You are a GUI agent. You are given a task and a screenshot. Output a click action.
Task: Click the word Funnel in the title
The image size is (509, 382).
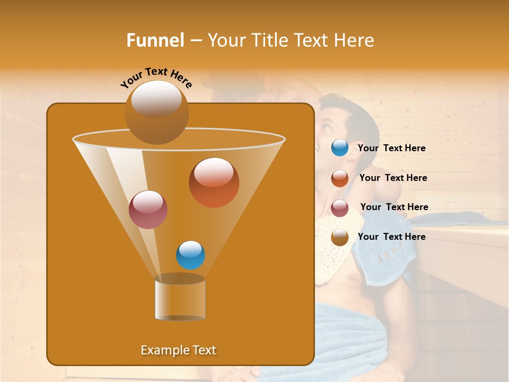coord(155,40)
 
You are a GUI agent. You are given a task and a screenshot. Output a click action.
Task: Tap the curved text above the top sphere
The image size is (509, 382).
coord(156,77)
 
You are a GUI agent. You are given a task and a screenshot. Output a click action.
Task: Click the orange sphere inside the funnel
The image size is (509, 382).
coord(214,182)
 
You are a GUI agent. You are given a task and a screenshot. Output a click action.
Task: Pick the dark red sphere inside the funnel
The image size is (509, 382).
coord(148,210)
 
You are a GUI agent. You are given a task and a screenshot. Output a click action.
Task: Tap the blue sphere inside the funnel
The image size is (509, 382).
coord(190,255)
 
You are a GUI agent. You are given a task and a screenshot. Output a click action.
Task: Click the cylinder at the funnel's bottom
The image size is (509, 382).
coord(180,297)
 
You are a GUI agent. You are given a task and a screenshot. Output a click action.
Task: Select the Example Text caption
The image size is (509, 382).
coord(178,350)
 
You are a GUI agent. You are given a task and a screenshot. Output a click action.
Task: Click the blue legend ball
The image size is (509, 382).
coord(340,148)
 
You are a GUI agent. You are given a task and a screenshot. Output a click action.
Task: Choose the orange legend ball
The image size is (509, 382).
coord(340,178)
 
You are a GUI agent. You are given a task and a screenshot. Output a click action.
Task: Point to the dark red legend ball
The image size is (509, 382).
coord(340,207)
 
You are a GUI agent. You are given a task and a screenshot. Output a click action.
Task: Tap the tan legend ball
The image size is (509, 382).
coord(340,237)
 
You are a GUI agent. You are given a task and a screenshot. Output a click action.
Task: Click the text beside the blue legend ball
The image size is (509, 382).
coord(391,148)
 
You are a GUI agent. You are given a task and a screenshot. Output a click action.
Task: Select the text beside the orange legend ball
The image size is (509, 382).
coord(393,178)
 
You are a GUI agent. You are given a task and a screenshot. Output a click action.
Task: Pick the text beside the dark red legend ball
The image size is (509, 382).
coord(394,207)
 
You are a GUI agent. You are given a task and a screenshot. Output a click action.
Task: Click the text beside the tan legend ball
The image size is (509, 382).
coord(391,237)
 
